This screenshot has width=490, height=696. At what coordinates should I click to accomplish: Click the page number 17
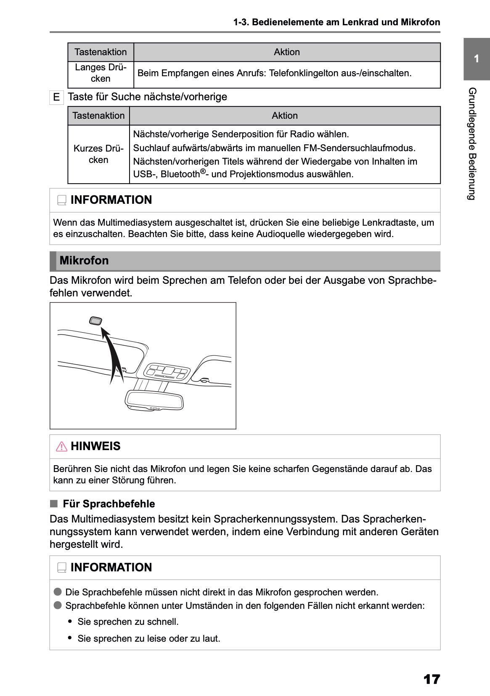point(431,679)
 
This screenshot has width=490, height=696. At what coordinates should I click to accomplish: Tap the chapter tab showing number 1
point(476,59)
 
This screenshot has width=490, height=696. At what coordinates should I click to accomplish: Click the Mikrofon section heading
point(84,261)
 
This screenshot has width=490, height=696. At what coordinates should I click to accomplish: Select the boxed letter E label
point(56,97)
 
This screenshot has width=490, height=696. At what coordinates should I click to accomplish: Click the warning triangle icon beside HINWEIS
point(61,446)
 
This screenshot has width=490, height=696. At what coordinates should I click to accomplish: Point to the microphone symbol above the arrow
point(96,321)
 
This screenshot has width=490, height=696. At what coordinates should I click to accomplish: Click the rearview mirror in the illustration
point(155,400)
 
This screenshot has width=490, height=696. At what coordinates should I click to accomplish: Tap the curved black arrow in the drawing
point(112,358)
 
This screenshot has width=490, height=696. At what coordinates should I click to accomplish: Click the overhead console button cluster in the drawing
point(167,372)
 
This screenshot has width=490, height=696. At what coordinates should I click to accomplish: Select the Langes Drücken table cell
point(101,73)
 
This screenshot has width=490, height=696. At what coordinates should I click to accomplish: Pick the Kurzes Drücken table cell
point(98,154)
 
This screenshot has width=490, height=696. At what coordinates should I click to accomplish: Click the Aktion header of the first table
point(287,52)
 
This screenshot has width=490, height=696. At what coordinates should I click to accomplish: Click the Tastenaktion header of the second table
point(98,116)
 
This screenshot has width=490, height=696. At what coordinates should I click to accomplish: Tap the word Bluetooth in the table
point(180,174)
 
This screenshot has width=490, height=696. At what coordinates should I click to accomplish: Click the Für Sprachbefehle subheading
point(109,504)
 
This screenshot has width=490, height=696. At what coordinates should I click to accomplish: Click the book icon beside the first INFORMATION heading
point(62,200)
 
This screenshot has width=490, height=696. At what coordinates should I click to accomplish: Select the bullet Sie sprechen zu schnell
point(128,622)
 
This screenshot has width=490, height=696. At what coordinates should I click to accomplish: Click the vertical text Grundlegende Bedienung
point(472,144)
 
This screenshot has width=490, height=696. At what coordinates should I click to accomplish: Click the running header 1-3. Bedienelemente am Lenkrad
point(336,22)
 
